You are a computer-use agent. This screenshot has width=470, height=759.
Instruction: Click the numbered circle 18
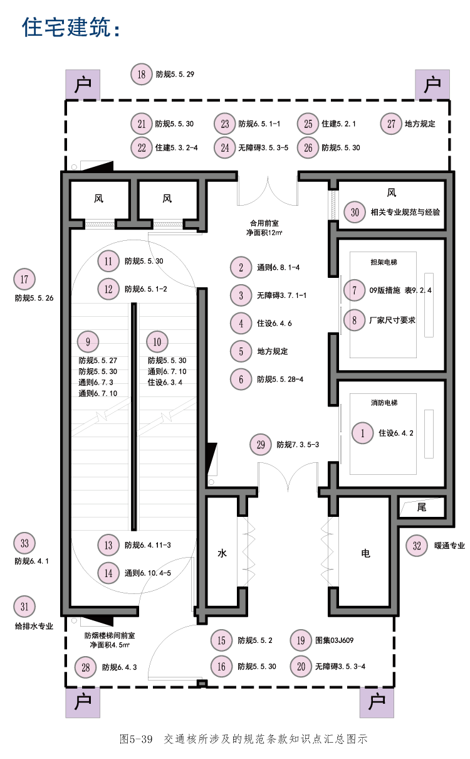[x=141, y=74]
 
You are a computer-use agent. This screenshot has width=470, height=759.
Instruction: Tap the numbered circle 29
[x=261, y=444]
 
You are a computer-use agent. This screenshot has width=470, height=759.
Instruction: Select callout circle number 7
[x=354, y=290]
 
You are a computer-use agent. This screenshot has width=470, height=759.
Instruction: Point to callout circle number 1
[x=362, y=433]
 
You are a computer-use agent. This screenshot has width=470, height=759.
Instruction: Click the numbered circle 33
[x=24, y=543]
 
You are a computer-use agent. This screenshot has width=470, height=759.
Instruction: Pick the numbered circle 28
[x=85, y=667]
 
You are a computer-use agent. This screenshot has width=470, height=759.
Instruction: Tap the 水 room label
[x=222, y=553]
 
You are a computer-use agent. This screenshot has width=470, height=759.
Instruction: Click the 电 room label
[x=365, y=553]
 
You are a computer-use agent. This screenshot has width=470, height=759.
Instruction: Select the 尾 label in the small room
[x=422, y=507]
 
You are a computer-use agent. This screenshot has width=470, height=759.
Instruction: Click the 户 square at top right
[x=432, y=85]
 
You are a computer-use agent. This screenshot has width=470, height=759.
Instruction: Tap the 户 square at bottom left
[x=83, y=703]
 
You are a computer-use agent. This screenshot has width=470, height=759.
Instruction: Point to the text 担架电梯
[x=384, y=262]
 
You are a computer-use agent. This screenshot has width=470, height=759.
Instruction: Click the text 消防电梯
[x=384, y=403]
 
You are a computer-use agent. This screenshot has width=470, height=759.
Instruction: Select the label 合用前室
[x=264, y=223]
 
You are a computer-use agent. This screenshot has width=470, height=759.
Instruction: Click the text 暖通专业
[x=449, y=546]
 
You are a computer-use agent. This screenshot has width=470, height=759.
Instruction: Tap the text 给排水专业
[x=34, y=626]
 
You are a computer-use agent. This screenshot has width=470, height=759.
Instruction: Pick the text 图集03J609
[x=334, y=640]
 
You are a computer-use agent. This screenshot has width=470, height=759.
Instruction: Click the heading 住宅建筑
[x=71, y=27]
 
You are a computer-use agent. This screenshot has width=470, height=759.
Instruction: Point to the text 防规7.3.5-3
[x=298, y=445]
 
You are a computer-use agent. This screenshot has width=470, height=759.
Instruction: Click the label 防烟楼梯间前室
[x=110, y=635]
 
